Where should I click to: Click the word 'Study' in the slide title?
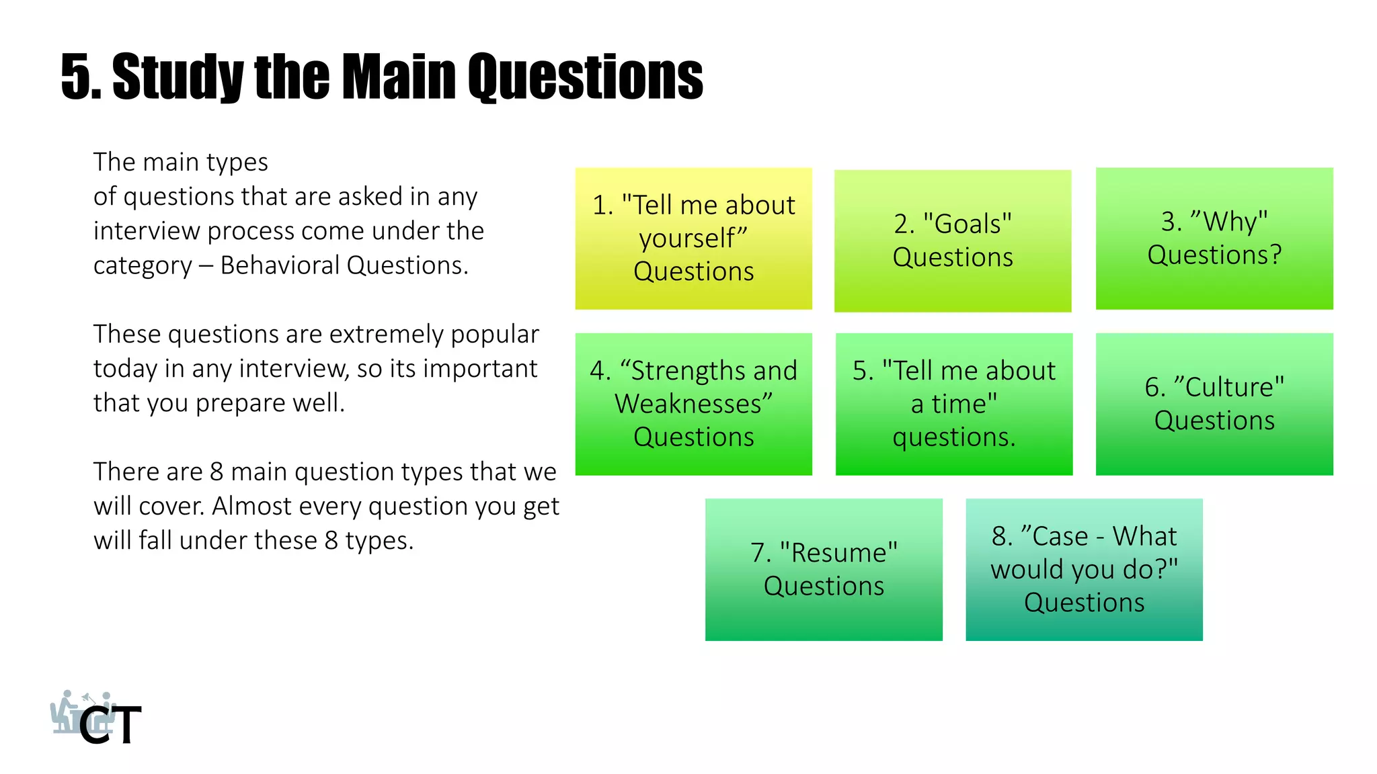[x=178, y=77]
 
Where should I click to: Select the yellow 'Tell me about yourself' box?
[x=693, y=239]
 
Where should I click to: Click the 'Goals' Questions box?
[x=952, y=241]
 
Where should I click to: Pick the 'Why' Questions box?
[x=1214, y=239]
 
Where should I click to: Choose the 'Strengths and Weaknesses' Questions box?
[x=693, y=404]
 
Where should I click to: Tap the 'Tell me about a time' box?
[x=953, y=404]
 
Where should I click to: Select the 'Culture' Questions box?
[x=1214, y=404]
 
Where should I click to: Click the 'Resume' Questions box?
[x=823, y=569]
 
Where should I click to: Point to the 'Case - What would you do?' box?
[x=1084, y=569]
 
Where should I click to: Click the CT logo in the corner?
[x=97, y=719]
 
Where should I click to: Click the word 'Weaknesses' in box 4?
[x=693, y=404]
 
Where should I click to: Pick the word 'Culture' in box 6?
[x=1229, y=387]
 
